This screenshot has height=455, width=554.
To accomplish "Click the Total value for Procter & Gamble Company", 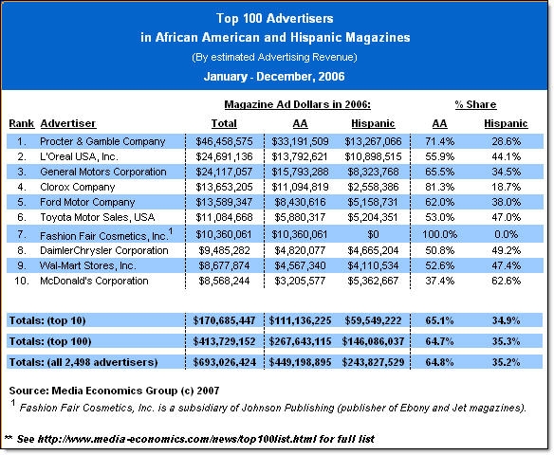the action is [x=225, y=141].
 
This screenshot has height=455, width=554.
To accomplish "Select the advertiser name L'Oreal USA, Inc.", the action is [x=79, y=156].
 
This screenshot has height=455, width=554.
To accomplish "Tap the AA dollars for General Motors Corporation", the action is [x=300, y=172].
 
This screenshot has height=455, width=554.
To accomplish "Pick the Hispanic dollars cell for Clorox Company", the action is [x=373, y=187].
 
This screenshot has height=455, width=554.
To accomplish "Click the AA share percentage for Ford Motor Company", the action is [x=439, y=202].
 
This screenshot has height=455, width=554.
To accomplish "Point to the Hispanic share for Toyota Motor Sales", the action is [x=506, y=217].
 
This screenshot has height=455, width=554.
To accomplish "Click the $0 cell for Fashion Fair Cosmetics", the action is [x=373, y=234].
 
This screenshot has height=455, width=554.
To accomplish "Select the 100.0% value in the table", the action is [x=439, y=234].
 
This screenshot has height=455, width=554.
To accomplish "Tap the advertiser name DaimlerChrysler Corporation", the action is [x=104, y=250].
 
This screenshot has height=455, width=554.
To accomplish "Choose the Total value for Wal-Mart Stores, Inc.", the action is [x=225, y=265].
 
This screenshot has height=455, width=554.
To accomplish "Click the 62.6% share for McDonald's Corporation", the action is [x=506, y=281].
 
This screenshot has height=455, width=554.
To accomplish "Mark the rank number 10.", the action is [x=21, y=281].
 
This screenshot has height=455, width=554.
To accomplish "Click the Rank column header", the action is [x=22, y=123].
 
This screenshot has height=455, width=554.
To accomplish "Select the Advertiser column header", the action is [x=68, y=123].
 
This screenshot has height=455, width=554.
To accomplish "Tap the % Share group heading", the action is [x=475, y=104].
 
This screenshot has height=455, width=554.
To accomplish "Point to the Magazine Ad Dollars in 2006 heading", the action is [x=298, y=104].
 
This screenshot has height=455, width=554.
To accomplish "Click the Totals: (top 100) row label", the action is [x=50, y=341].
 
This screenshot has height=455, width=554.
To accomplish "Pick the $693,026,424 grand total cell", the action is [x=225, y=362].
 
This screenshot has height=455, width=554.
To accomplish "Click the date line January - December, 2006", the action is [x=274, y=77].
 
